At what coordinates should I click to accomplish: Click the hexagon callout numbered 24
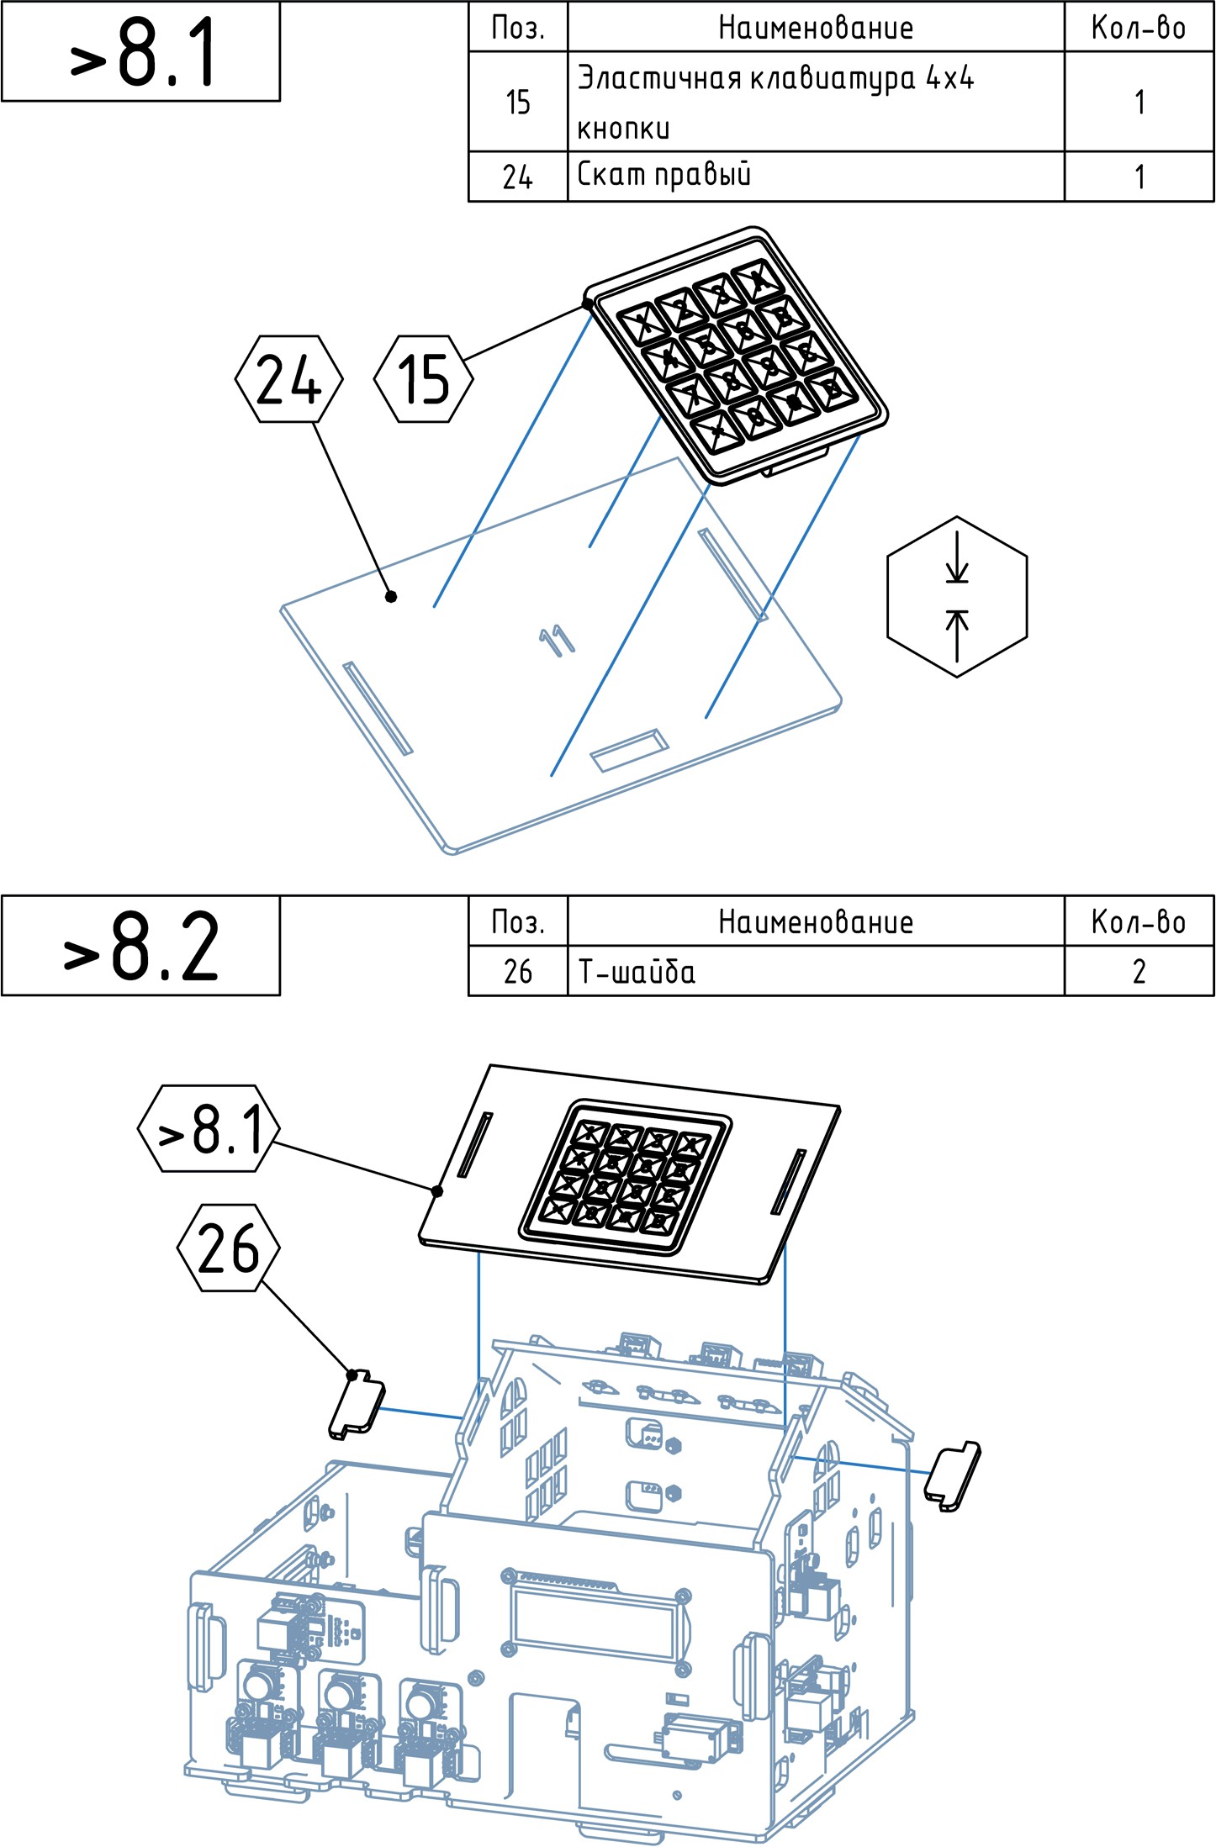(288, 379)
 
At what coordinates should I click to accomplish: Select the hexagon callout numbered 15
(424, 379)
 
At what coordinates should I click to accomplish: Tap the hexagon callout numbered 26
(229, 1248)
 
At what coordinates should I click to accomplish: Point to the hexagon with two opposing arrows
(957, 597)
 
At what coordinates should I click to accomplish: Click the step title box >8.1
(140, 51)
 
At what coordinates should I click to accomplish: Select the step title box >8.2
(140, 946)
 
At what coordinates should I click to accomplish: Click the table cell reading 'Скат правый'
(815, 177)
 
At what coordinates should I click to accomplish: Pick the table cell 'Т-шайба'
(815, 972)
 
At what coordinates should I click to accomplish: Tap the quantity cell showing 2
(1139, 972)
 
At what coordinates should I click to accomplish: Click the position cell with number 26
(518, 972)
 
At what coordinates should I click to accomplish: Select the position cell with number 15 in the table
(518, 102)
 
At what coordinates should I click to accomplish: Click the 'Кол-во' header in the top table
(1139, 28)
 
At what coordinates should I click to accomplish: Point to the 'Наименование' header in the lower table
(815, 922)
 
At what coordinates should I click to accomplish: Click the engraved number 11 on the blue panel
(557, 641)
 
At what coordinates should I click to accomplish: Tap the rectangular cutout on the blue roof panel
(629, 750)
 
